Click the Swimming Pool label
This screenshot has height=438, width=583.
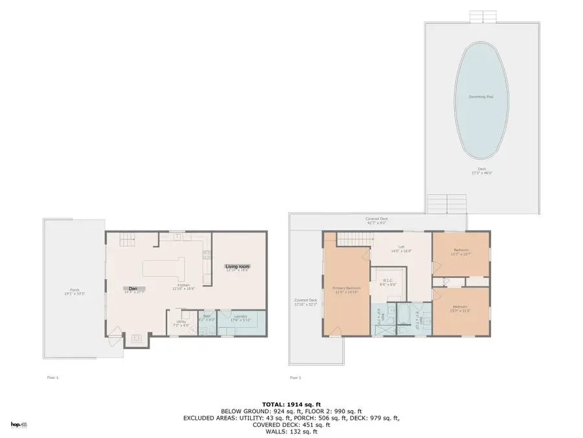click(481, 97)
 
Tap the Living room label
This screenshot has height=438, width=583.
click(236, 267)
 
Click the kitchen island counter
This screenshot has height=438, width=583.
click(164, 267)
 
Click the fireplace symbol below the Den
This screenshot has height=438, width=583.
click(136, 337)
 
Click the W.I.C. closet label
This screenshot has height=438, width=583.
click(387, 282)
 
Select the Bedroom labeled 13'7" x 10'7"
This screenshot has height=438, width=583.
click(461, 251)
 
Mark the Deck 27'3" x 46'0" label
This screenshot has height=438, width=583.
click(481, 171)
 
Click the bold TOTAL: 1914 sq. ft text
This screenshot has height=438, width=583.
click(291, 404)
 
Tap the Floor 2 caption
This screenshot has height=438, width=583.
click(295, 377)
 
